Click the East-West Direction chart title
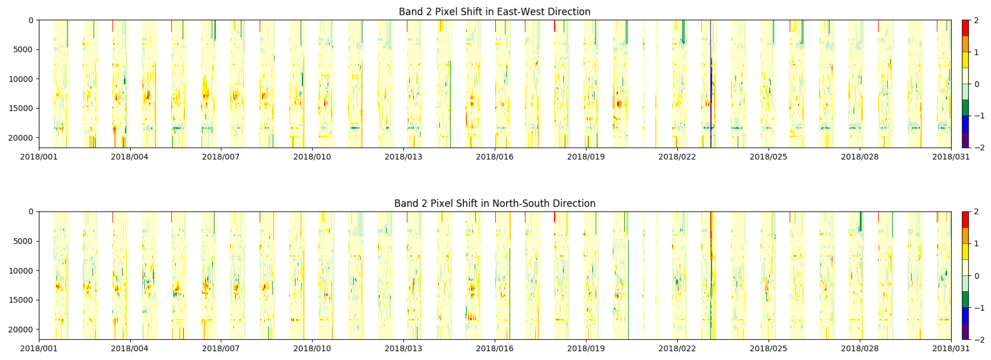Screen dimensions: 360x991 point(494,12)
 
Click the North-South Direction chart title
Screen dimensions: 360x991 point(495,203)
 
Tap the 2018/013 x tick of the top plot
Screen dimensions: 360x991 point(403,157)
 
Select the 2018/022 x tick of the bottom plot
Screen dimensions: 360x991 point(677,348)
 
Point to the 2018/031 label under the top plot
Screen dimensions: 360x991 point(951,157)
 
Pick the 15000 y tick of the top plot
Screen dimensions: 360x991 point(23,108)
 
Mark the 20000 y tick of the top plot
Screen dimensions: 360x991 point(23,138)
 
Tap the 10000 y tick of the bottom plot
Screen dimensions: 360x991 point(23,271)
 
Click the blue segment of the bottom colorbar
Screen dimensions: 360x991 point(965,315)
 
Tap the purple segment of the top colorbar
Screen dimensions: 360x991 point(965,140)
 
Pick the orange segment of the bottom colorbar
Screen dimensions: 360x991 point(965,236)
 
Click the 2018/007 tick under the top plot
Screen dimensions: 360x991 point(221,157)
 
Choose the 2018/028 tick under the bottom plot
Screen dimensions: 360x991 point(860,348)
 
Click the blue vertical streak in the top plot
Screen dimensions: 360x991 point(711,85)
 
